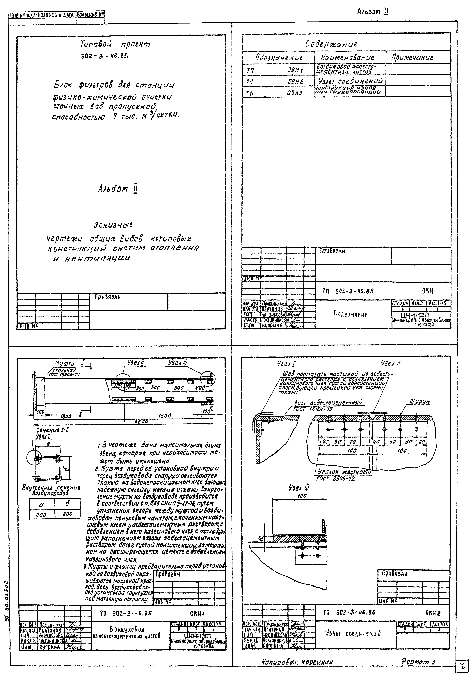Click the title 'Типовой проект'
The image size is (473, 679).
click(x=115, y=45)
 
